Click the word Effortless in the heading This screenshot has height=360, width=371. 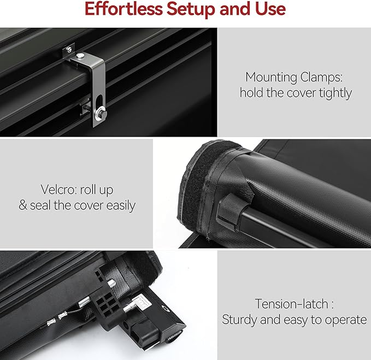pyautogui.click(x=123, y=9)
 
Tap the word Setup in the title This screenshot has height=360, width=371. pyautogui.click(x=191, y=9)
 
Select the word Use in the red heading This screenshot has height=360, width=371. pyautogui.click(x=270, y=9)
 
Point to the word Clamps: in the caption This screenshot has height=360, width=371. pyautogui.click(x=321, y=78)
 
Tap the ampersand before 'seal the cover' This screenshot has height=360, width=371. pyautogui.click(x=23, y=205)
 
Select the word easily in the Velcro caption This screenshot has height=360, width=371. pyautogui.click(x=121, y=205)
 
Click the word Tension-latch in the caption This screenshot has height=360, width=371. pyautogui.click(x=291, y=304)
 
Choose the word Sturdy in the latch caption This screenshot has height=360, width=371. pyautogui.click(x=240, y=320)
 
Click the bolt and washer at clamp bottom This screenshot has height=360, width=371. pyautogui.click(x=101, y=113)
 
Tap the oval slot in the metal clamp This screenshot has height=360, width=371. pyautogui.click(x=99, y=102)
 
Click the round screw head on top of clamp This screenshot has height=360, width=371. pyautogui.click(x=80, y=56)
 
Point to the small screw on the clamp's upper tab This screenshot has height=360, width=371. pyautogui.click(x=69, y=49)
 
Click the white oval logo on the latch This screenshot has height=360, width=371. pyautogui.click(x=166, y=308)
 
